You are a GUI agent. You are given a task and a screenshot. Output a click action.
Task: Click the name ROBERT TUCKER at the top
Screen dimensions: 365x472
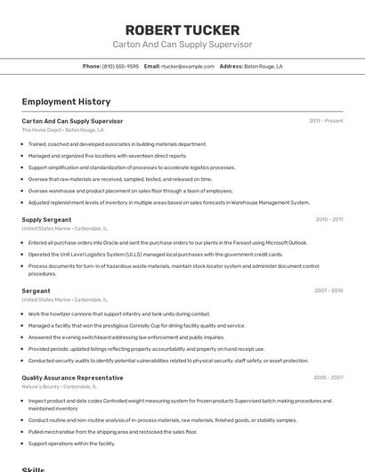click(x=182, y=28)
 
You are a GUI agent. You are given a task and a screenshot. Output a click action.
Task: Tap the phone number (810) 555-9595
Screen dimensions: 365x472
click(x=120, y=66)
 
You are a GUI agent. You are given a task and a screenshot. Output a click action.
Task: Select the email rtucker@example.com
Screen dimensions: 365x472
click(x=188, y=66)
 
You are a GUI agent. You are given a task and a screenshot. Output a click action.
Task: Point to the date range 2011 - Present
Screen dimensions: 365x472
click(x=326, y=121)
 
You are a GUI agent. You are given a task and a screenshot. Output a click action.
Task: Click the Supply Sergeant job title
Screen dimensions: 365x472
click(x=46, y=219)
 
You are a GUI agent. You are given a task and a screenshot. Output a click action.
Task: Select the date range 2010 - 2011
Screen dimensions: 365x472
click(x=328, y=219)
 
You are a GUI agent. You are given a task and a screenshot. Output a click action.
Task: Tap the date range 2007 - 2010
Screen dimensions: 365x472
click(x=328, y=290)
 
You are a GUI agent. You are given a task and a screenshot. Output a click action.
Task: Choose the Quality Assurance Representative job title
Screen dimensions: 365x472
click(x=72, y=378)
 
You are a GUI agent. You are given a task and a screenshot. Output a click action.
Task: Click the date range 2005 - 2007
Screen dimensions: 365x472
click(x=328, y=378)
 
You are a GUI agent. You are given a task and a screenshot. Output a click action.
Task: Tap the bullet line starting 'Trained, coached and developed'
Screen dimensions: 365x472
click(x=117, y=143)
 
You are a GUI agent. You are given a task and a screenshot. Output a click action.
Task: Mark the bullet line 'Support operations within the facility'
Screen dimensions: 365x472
click(x=71, y=443)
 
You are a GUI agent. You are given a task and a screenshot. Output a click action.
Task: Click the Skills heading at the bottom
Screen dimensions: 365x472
click(x=33, y=468)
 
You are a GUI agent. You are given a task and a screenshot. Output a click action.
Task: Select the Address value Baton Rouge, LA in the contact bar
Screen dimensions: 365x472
click(x=264, y=66)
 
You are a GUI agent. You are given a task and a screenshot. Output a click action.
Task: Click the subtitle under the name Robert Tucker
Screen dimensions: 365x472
click(x=182, y=44)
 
